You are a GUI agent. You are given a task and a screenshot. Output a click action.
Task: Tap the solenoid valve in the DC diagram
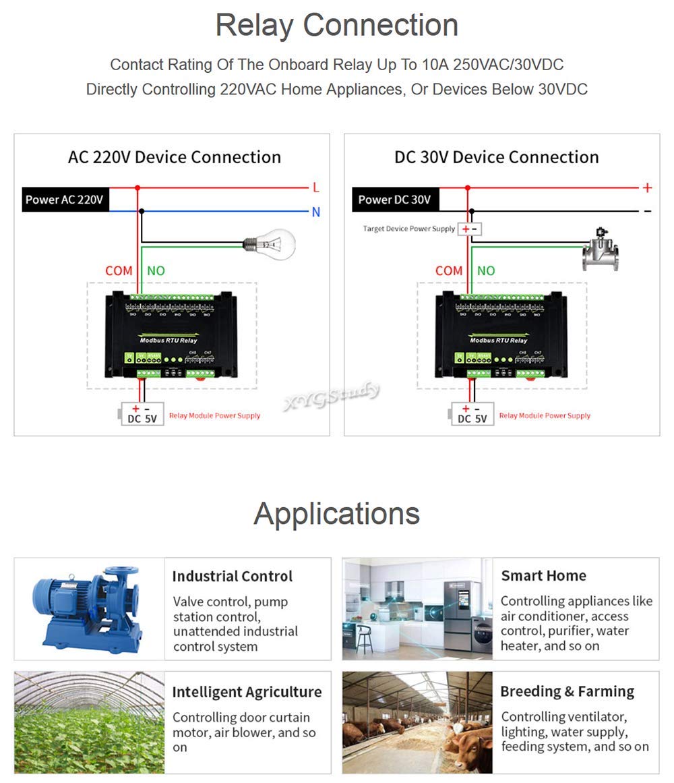(601, 250)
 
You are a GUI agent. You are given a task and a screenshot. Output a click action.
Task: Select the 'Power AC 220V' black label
(65, 200)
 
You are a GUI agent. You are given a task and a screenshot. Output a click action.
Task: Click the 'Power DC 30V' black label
(394, 200)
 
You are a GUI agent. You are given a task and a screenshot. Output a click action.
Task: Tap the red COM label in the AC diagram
(119, 270)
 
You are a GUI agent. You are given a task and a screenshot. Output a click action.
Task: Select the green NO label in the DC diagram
(486, 270)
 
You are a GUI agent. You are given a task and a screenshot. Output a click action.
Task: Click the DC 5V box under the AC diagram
(142, 413)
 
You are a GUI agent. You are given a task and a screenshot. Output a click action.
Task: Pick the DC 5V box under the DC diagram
(472, 413)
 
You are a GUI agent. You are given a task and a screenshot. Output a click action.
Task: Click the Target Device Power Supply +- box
(470, 229)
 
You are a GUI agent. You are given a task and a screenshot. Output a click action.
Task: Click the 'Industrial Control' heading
(232, 576)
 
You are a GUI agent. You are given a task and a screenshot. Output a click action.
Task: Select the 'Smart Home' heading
(543, 575)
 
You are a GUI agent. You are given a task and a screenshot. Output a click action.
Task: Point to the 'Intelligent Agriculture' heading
(247, 692)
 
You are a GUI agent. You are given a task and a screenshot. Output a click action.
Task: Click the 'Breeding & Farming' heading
(567, 691)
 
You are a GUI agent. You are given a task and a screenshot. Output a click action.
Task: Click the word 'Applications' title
(337, 513)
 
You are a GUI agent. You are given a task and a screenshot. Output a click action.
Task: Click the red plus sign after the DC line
(648, 188)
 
